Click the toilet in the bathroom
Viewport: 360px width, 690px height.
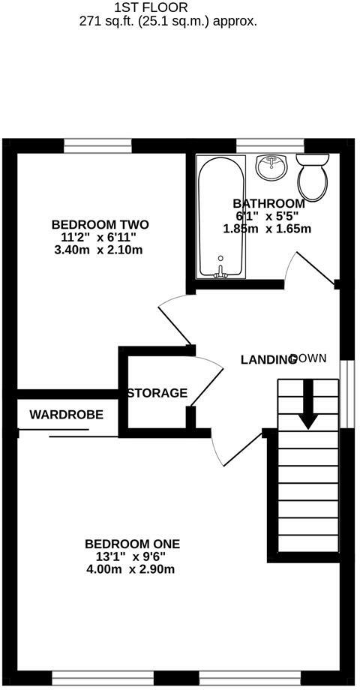point(313,176)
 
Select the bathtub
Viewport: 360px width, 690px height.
point(220,217)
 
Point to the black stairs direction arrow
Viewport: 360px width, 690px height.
point(308,404)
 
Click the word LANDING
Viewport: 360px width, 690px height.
point(268,360)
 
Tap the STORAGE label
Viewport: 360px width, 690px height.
point(157,393)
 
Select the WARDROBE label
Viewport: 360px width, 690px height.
point(67,414)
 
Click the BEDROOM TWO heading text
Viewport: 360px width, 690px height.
point(100,224)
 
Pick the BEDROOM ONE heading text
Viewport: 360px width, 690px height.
point(133,544)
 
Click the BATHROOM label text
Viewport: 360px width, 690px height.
point(268,204)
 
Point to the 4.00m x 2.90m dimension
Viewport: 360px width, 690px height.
point(131,569)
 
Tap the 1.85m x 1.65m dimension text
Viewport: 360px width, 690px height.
point(267,229)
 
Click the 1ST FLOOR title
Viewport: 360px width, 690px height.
point(151,7)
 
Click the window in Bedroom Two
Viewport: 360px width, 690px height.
point(97,145)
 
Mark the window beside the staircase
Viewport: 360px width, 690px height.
point(347,394)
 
